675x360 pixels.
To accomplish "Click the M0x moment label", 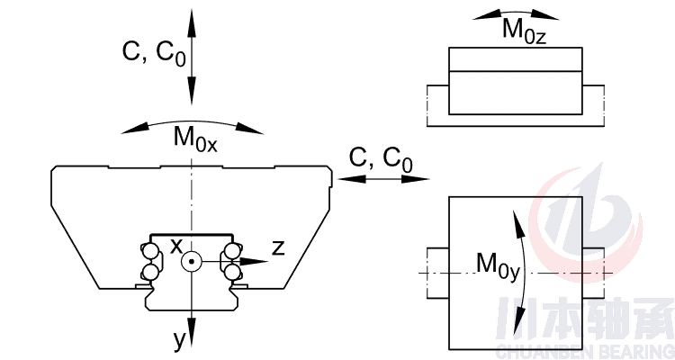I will click(x=195, y=139).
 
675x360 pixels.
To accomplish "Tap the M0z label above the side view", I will click(x=525, y=30).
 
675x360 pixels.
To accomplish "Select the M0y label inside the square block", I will click(x=499, y=265).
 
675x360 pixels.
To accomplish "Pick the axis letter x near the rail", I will click(x=176, y=245).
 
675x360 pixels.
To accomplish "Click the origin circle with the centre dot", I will click(x=191, y=262).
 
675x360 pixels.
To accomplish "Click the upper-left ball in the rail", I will click(x=149, y=250).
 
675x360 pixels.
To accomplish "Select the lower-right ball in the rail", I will click(x=232, y=271).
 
